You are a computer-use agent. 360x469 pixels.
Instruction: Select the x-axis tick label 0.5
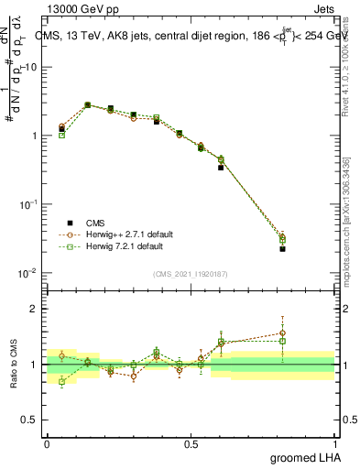191,442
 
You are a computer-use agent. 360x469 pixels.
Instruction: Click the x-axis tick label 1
334,442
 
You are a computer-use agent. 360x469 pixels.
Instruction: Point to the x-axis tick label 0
47,442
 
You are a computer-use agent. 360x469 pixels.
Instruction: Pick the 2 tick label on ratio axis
38,309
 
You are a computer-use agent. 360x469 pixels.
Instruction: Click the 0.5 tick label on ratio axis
34,420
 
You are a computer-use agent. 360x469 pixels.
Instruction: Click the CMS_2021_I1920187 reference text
191,273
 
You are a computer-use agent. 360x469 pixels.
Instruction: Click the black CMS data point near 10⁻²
283,248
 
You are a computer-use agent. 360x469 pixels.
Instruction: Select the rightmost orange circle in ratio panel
283,333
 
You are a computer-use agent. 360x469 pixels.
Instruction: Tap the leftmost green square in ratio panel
61,381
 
